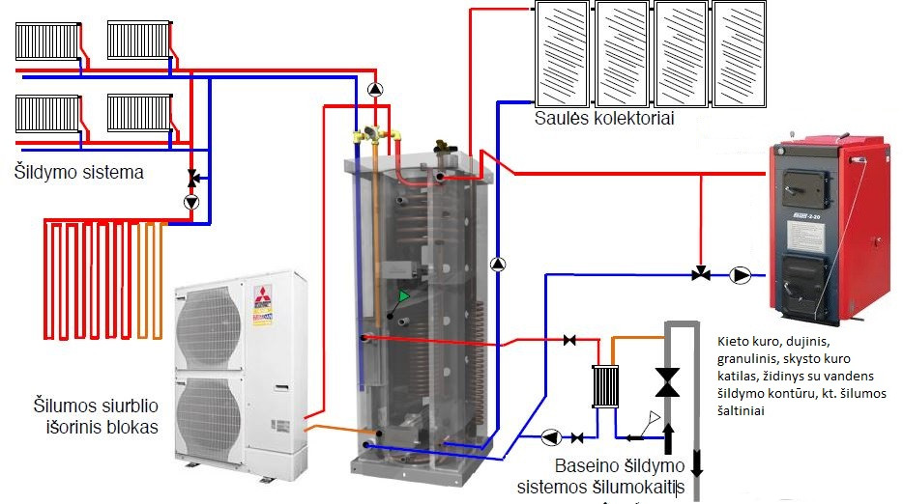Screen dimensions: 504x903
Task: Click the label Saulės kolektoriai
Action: coord(604,119)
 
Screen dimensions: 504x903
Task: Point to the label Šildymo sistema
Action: coord(79,173)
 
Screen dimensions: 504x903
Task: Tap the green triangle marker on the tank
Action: coord(404,295)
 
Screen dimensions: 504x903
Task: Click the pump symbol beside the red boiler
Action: coord(742,275)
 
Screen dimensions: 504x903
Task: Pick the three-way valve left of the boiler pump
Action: coord(699,275)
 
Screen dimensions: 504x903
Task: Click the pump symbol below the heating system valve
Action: coord(191,203)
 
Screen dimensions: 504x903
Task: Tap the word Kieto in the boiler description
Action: coord(735,341)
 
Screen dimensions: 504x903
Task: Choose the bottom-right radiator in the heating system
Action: coord(139,114)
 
